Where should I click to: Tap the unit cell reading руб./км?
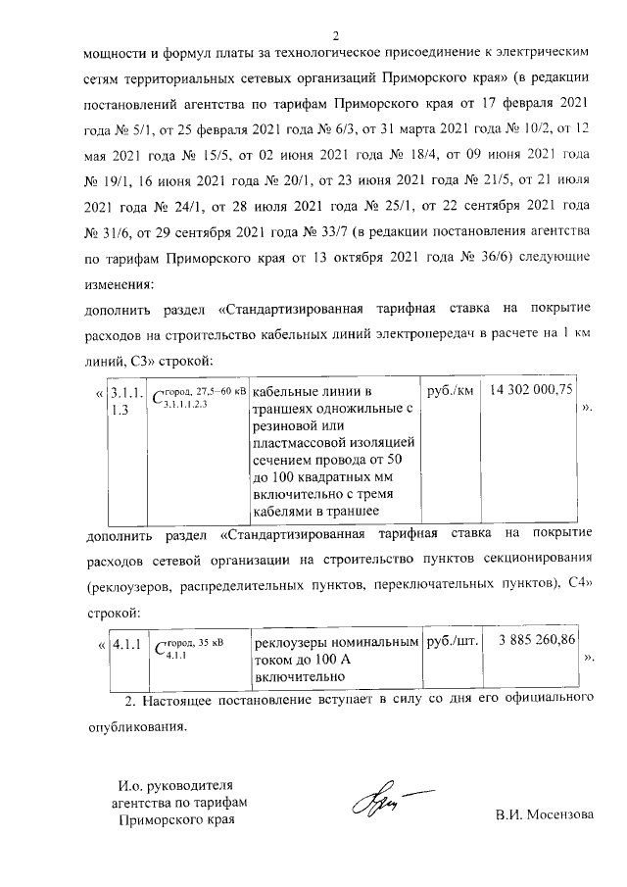pyautogui.click(x=452, y=390)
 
